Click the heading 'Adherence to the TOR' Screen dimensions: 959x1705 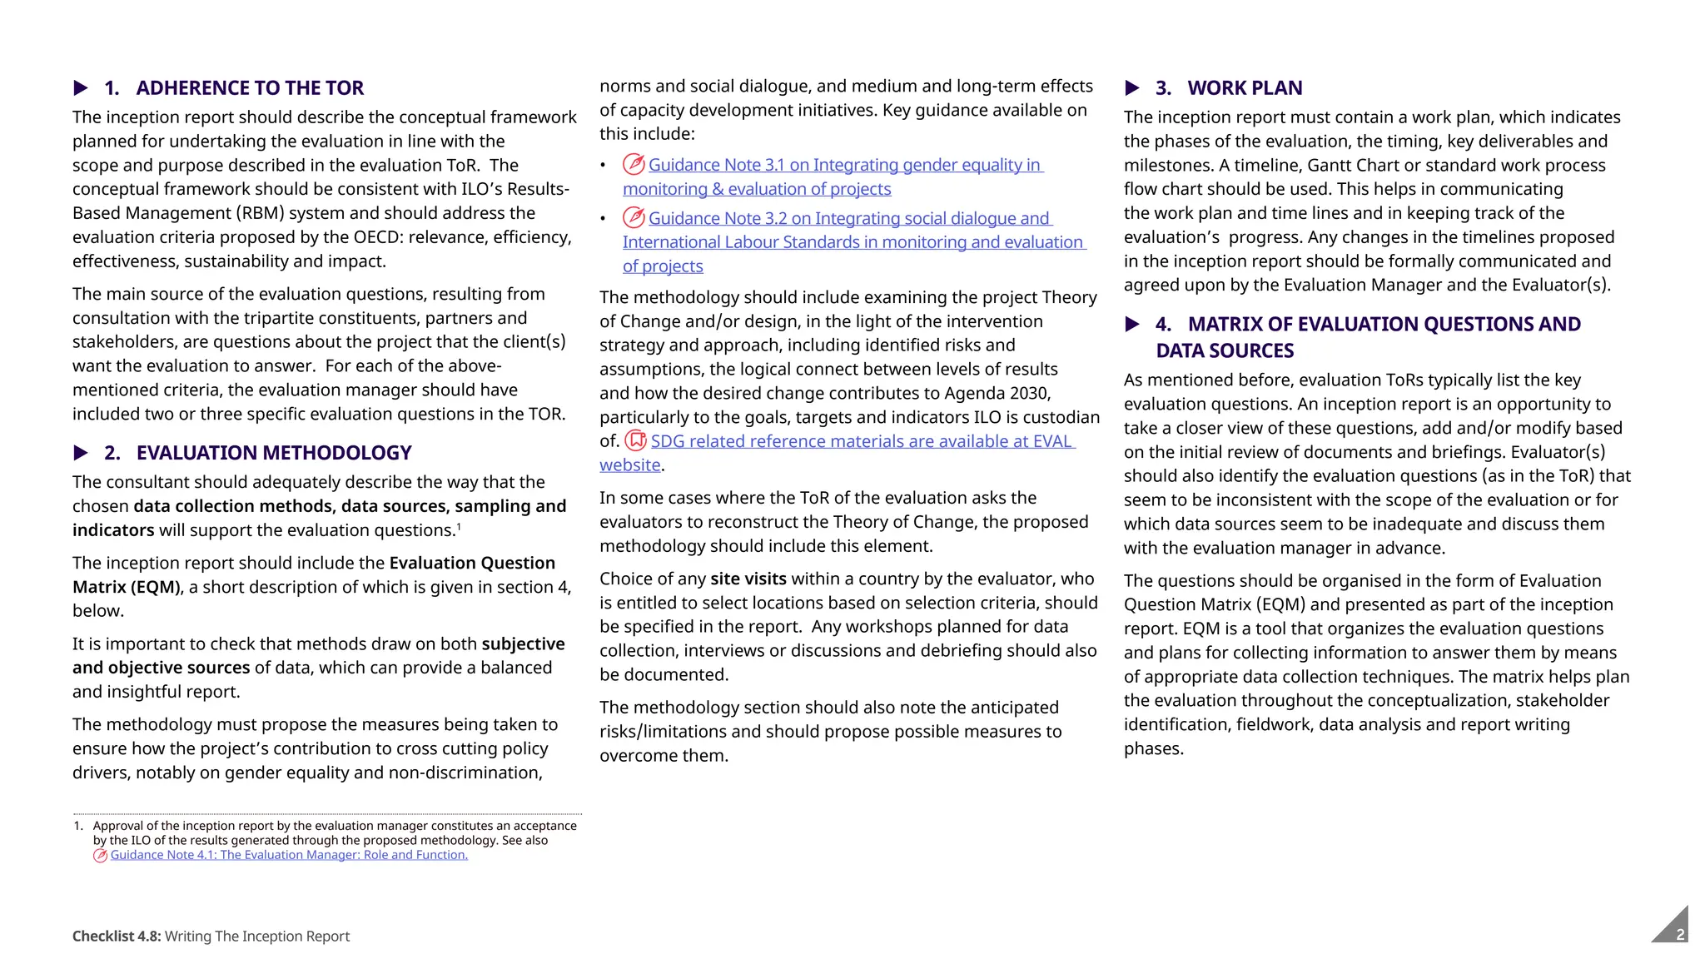(x=250, y=88)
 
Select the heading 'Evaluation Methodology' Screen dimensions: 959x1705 (x=274, y=453)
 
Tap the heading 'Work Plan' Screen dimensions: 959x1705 (x=1245, y=88)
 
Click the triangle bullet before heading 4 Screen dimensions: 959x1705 (x=1132, y=325)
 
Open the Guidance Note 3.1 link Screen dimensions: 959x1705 (x=844, y=166)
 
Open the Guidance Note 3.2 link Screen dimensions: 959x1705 (x=849, y=219)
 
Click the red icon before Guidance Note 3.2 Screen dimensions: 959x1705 (x=634, y=218)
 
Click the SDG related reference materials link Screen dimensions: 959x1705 (x=862, y=441)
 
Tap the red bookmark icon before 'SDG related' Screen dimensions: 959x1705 (x=636, y=440)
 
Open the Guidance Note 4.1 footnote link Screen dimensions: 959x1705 (x=289, y=855)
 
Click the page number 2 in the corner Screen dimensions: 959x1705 (x=1680, y=934)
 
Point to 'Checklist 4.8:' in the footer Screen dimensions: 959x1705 (x=117, y=937)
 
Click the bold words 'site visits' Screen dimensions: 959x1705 (x=748, y=579)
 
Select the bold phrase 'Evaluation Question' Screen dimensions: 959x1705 (x=472, y=564)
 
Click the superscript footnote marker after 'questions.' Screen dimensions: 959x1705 (x=459, y=526)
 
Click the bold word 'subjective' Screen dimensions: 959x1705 (x=523, y=644)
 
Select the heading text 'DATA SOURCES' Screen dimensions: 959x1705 (x=1225, y=351)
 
